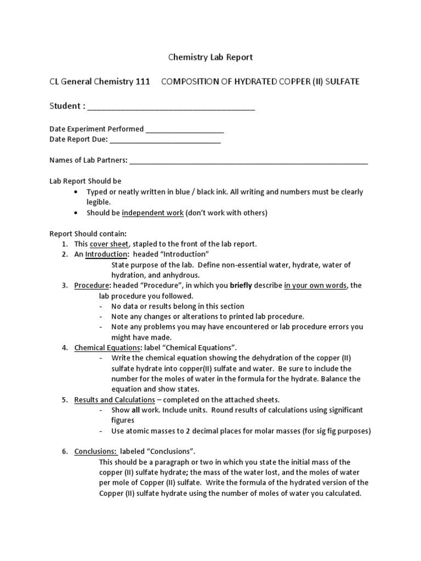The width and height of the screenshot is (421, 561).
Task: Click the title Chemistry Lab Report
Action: (210, 57)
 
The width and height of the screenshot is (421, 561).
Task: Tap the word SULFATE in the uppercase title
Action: (341, 82)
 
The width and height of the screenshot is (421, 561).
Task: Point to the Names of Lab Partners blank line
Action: (248, 161)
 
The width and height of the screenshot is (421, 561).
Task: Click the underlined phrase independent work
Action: (152, 213)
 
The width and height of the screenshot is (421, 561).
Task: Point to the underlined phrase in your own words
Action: (315, 285)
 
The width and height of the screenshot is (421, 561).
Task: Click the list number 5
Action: (64, 400)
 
